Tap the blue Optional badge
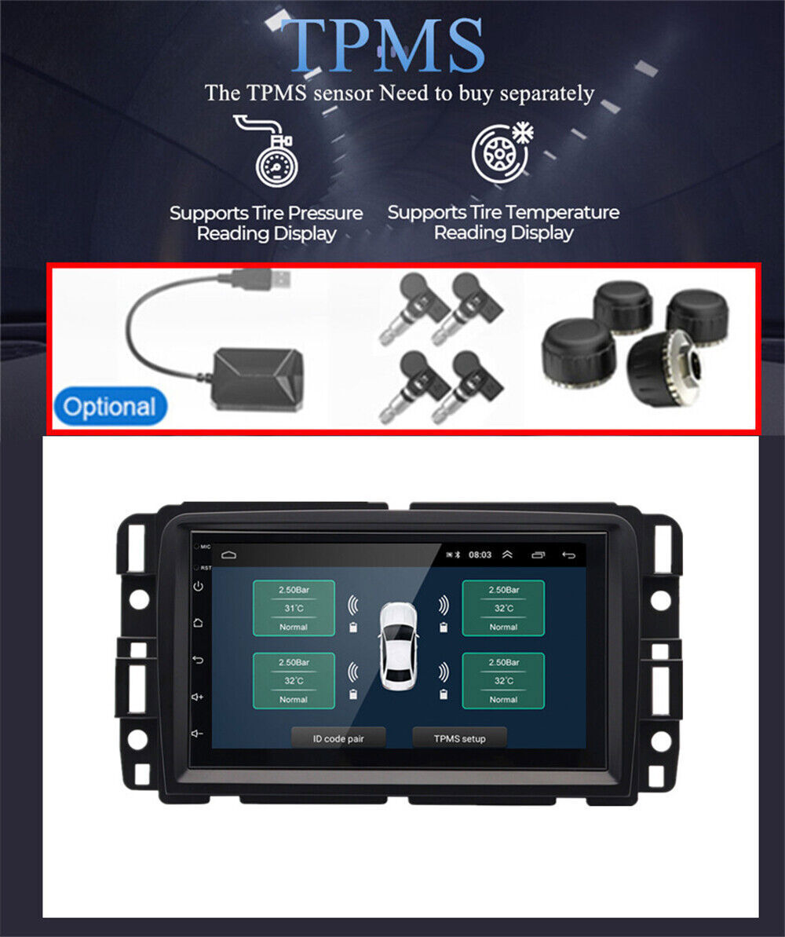[110, 408]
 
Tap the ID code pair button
[338, 738]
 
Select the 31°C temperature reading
[293, 608]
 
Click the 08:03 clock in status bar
[480, 555]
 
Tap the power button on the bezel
[198, 586]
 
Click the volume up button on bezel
[198, 697]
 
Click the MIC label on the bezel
[205, 546]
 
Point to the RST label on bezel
[205, 567]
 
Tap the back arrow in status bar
[568, 555]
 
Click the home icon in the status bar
[228, 555]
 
